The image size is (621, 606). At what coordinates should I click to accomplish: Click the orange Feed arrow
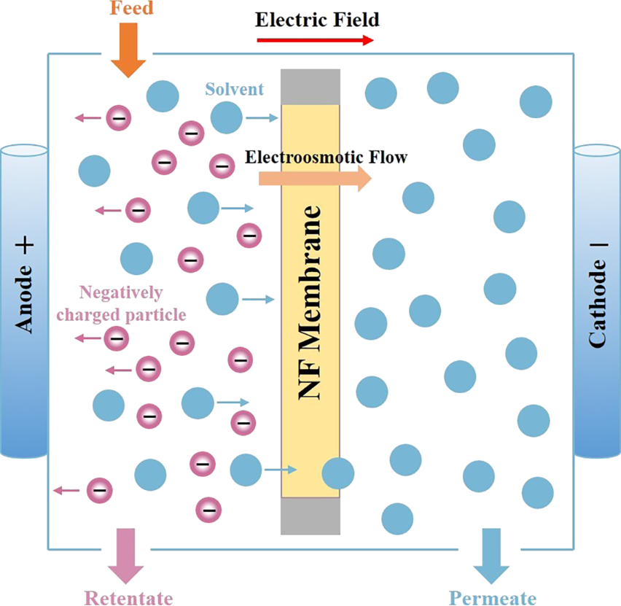128,50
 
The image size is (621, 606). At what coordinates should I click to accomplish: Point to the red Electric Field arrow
315,41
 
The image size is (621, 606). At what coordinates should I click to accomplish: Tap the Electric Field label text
317,19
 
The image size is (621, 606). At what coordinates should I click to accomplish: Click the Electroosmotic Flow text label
326,156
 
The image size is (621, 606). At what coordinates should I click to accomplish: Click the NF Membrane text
310,303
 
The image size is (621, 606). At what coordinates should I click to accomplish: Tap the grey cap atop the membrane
310,87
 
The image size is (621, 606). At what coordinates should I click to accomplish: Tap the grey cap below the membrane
310,516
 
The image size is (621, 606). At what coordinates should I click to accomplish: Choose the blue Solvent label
234,90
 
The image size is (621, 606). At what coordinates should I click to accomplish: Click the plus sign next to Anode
24,246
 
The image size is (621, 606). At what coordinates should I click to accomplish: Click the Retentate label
129,598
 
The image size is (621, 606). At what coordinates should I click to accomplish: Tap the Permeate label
493,598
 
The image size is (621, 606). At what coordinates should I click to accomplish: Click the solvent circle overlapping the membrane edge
338,473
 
